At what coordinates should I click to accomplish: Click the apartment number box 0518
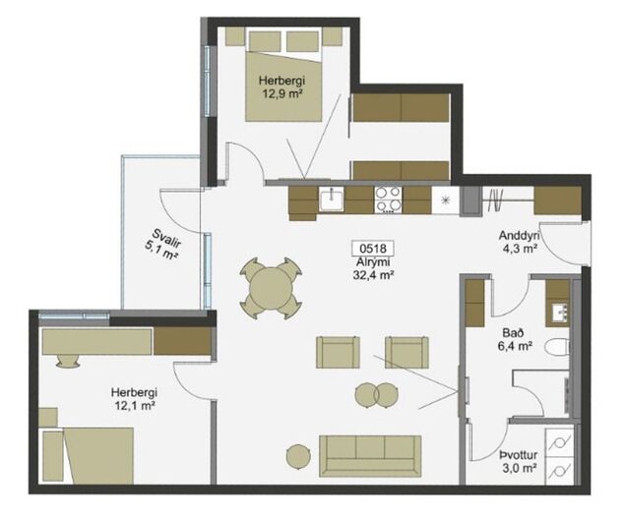[372, 249]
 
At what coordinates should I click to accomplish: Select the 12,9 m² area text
[281, 93]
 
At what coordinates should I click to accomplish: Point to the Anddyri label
[519, 236]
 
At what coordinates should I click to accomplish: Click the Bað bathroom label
[511, 332]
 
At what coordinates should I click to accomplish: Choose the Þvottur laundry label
[519, 455]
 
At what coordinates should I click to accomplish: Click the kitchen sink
[331, 200]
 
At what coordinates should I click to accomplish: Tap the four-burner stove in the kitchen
[388, 200]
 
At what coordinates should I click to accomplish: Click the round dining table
[271, 288]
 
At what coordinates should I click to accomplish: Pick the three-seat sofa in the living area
[370, 456]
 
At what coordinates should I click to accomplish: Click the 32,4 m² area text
[373, 274]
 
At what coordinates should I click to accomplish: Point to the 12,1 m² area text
[134, 405]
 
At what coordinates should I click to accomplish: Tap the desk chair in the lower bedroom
[67, 361]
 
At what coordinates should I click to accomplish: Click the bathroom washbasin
[558, 312]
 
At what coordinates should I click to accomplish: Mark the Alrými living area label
[373, 261]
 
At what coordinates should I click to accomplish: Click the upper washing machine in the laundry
[560, 442]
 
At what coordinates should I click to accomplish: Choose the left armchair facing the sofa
[339, 352]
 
